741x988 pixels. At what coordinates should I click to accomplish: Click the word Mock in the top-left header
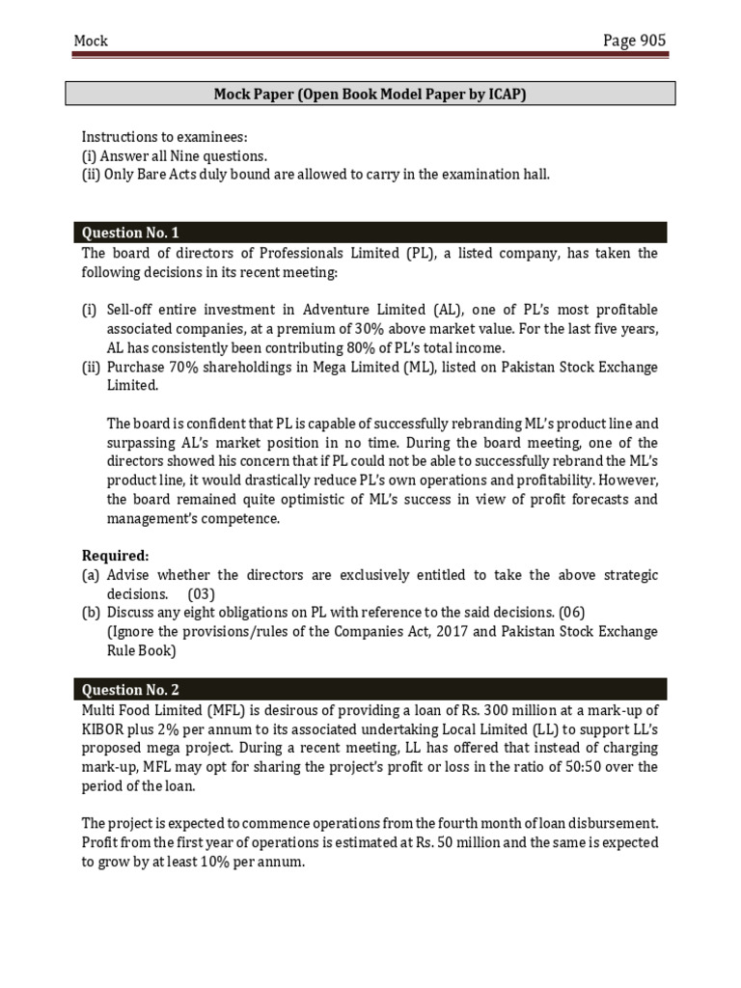coord(92,41)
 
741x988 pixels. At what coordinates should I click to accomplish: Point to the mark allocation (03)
coord(202,593)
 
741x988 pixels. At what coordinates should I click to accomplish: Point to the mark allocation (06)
coord(569,612)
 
